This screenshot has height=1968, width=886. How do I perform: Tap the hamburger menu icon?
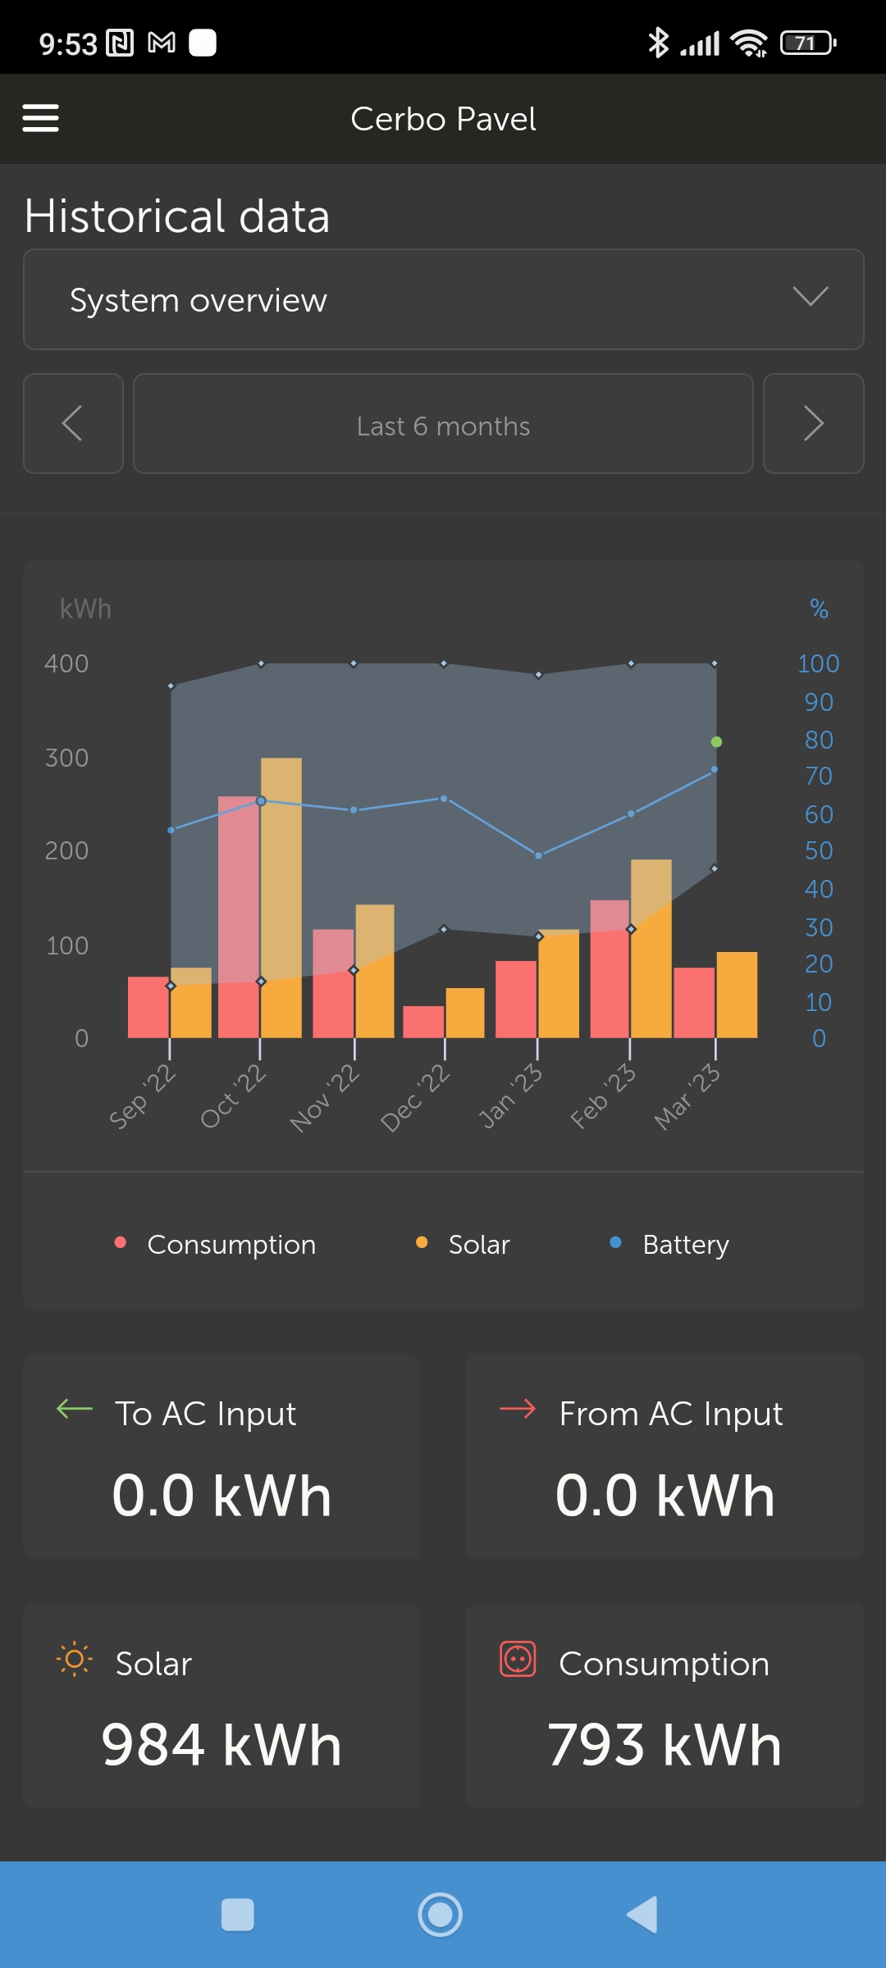(40, 118)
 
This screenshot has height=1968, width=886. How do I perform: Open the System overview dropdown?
(443, 299)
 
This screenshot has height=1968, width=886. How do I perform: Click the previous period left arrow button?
(73, 424)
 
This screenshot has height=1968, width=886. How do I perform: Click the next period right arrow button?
(813, 424)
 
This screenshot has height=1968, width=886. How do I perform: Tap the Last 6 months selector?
(443, 426)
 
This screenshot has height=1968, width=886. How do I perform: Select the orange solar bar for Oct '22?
(281, 898)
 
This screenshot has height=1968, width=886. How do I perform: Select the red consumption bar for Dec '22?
(423, 1022)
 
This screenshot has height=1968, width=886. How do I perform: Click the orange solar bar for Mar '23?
(737, 995)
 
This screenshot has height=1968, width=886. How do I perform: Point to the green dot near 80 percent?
(716, 742)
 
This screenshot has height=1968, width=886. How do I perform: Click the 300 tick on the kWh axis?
(66, 758)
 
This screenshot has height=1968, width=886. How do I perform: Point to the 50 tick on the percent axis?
(819, 851)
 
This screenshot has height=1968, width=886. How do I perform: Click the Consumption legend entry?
(215, 1244)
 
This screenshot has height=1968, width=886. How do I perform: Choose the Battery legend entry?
(669, 1244)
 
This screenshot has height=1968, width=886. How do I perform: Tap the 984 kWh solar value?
(221, 1744)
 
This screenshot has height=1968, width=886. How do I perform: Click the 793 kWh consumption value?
(664, 1744)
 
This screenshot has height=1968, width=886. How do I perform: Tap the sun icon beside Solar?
(74, 1659)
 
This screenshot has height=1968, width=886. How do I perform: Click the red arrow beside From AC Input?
(517, 1410)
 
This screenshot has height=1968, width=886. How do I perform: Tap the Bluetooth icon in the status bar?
(658, 43)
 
